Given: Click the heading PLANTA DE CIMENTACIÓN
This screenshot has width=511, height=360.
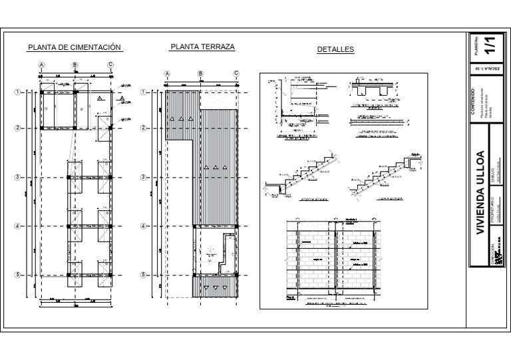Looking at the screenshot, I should pos(75,47).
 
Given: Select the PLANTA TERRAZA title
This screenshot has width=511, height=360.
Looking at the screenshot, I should pos(202,47).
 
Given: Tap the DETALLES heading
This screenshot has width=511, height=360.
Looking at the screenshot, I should pos(335,49).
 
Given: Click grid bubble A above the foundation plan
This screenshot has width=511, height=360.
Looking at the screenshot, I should pos(42,65).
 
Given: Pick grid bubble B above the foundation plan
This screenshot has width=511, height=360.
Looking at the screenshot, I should pos(75,65).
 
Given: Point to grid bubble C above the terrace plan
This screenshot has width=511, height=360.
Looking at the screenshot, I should pos(236,74).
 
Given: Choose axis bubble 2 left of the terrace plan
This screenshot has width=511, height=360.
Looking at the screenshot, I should pos(144,128).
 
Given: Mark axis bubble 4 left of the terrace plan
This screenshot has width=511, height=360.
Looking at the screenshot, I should pos(144,226).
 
